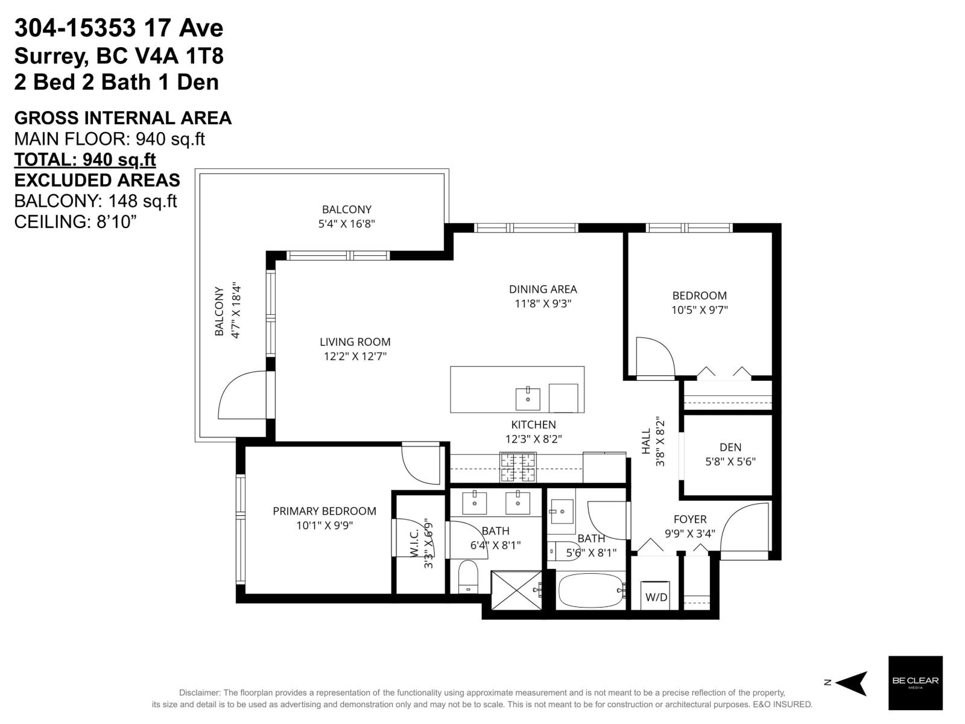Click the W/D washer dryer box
point(656,596)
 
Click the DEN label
point(730,447)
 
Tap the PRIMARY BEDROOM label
point(324,511)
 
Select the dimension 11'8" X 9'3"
point(543,303)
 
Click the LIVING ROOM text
point(355,341)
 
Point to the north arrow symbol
point(852,683)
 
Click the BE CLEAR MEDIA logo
point(915,682)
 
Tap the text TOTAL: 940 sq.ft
point(85,159)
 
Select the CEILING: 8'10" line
point(75,221)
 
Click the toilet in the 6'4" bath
point(468,576)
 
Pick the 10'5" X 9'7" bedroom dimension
point(700,310)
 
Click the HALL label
point(647,442)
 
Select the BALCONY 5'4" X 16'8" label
point(346,216)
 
